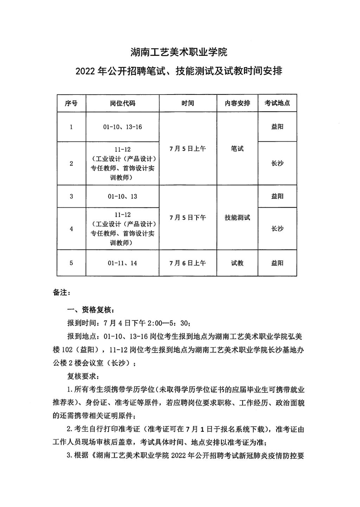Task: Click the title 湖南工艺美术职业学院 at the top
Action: point(179,52)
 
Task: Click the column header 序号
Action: point(71,103)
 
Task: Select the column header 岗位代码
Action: point(122,103)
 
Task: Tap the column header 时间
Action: point(188,103)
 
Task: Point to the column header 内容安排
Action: point(237,103)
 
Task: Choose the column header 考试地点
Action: point(277,103)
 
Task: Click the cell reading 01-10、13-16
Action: point(122,127)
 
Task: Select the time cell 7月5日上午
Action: point(188,149)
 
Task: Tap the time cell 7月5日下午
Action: point(188,217)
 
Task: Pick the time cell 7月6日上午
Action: point(188,263)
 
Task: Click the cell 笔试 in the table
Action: point(237,149)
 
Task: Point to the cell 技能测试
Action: point(237,217)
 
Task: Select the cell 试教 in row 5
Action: point(237,263)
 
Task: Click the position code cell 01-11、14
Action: point(122,263)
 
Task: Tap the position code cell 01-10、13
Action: point(122,196)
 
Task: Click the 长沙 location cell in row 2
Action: point(277,163)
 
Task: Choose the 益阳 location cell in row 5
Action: point(277,263)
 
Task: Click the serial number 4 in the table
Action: point(71,229)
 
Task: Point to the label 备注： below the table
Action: point(62,292)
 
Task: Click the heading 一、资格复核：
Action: point(90,310)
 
